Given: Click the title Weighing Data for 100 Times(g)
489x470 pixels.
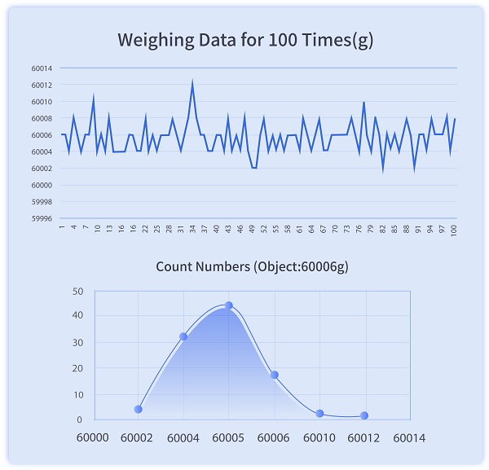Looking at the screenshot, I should pyautogui.click(x=245, y=40).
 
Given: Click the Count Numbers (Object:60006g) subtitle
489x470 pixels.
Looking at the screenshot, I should pyautogui.click(x=245, y=266).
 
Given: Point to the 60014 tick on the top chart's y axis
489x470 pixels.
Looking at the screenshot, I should pyautogui.click(x=43, y=68).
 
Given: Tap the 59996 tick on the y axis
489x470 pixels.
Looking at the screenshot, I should pyautogui.click(x=43, y=218).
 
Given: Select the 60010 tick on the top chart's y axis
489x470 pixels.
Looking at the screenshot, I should pyautogui.click(x=43, y=102).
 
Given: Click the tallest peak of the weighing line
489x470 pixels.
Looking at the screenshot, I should pyautogui.click(x=192, y=81).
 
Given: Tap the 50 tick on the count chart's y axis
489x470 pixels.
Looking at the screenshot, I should pyautogui.click(x=78, y=291).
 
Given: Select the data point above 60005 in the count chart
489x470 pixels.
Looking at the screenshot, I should pyautogui.click(x=228, y=305).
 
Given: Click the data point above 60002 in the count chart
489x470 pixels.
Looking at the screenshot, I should pyautogui.click(x=139, y=409).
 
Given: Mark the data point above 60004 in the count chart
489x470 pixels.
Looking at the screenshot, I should pyautogui.click(x=183, y=336).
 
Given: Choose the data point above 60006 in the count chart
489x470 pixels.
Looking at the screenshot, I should pyautogui.click(x=275, y=375).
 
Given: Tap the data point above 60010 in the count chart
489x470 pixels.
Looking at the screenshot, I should pyautogui.click(x=319, y=414).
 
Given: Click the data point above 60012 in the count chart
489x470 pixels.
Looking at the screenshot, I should pyautogui.click(x=364, y=415).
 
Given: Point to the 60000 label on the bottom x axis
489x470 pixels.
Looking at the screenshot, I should pyautogui.click(x=93, y=437).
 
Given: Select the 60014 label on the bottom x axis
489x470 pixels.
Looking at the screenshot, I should pyautogui.click(x=408, y=437).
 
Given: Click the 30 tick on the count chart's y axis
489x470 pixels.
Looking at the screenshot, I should pyautogui.click(x=78, y=342).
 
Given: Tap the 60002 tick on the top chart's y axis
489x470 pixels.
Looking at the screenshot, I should pyautogui.click(x=43, y=169).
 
